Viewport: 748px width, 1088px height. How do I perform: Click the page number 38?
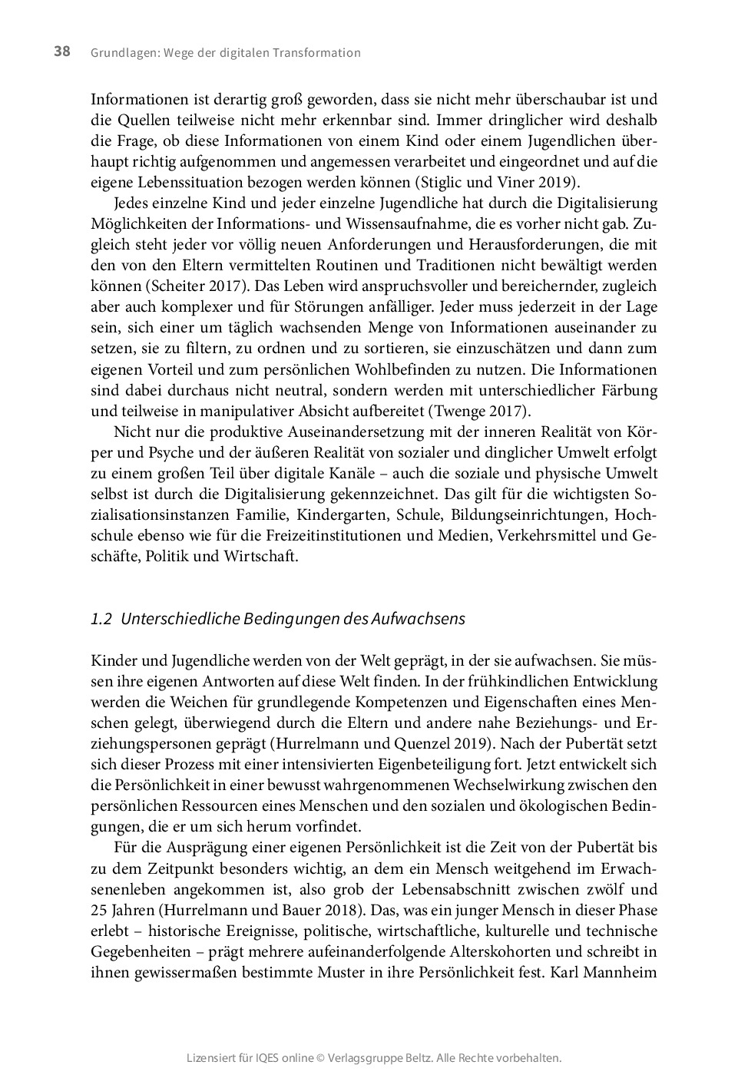pos(62,51)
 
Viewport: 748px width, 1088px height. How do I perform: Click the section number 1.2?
pos(101,619)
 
